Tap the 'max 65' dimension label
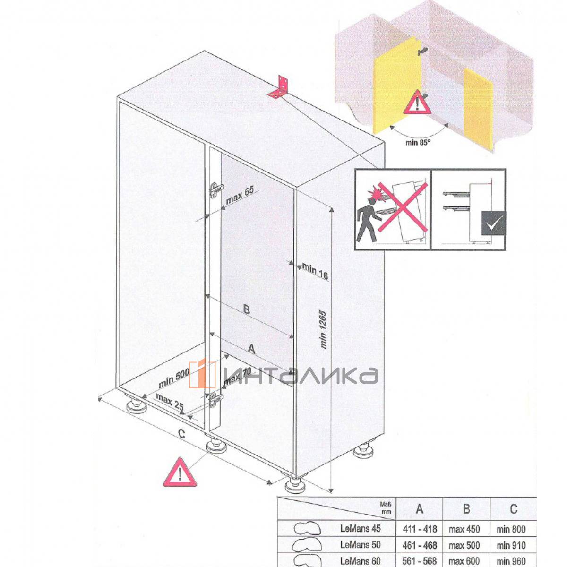(240, 195)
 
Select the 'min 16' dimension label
(315, 271)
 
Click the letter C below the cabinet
(181, 433)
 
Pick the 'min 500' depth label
(173, 378)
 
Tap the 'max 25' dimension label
(170, 401)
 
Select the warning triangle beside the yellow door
(417, 103)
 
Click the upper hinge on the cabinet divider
(216, 190)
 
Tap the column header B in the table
(466, 509)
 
